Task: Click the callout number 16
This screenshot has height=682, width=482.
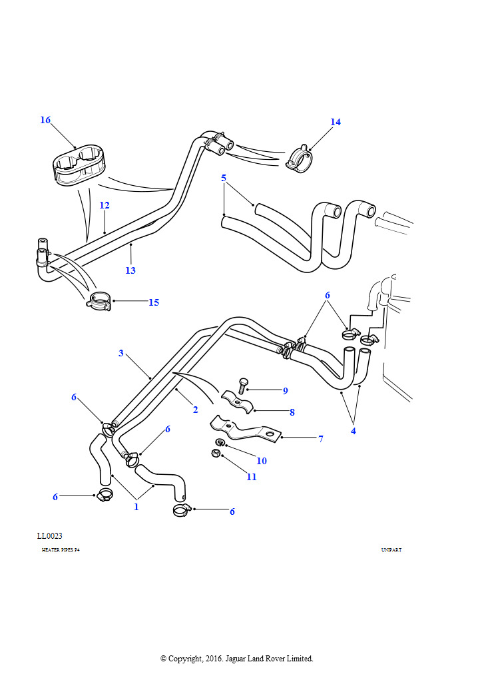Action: coord(45,121)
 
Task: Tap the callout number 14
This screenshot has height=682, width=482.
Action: coord(336,122)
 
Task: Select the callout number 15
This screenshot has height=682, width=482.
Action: coord(154,302)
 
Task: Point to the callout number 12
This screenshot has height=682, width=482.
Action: coord(105,205)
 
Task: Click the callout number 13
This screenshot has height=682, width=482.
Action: coord(130,270)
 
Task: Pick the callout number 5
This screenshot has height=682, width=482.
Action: coord(224,178)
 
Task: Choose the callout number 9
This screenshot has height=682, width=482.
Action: coord(285,390)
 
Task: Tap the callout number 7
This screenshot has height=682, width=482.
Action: coord(320,439)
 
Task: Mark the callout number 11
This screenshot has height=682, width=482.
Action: coord(252,477)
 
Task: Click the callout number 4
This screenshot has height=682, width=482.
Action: coord(354,431)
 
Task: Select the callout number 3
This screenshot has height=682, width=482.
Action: coord(121,353)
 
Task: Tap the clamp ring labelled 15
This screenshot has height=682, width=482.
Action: coord(99,301)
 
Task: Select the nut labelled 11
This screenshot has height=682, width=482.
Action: coord(216,454)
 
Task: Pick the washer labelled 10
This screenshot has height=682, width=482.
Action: coord(219,443)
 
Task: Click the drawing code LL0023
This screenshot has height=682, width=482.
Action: coord(50,535)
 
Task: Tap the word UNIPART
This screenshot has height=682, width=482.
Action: coord(391,550)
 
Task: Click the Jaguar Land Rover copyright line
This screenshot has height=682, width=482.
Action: coord(236,659)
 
